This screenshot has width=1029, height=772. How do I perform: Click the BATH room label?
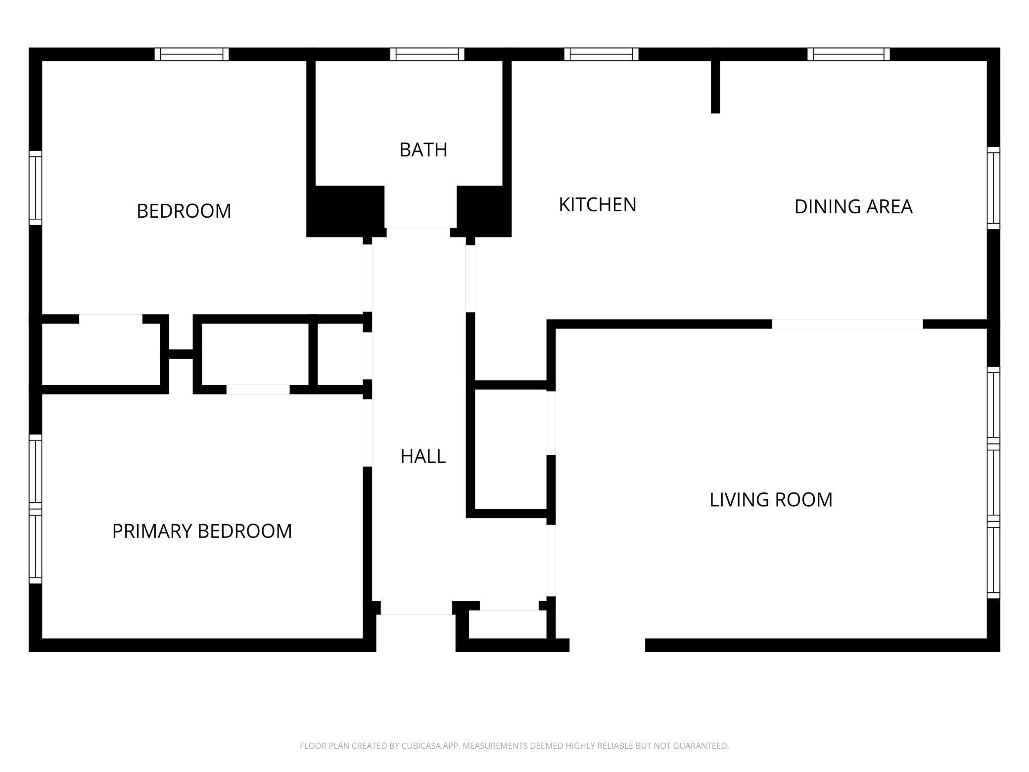[x=423, y=149]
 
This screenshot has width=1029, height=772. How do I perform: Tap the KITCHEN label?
[x=597, y=204]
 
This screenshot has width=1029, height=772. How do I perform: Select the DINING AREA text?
[x=853, y=206]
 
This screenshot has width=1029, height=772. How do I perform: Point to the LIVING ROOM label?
[x=771, y=499]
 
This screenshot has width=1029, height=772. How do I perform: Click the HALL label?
[x=423, y=456]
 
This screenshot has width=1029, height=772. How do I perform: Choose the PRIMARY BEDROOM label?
[x=202, y=531]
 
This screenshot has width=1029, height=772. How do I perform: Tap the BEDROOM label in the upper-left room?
[x=184, y=211]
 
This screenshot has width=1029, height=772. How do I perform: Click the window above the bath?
[x=427, y=54]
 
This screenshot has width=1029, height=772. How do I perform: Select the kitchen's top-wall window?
[x=601, y=54]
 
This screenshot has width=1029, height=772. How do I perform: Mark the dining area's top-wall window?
[x=848, y=54]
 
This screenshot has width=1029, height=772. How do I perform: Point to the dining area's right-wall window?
[x=993, y=188]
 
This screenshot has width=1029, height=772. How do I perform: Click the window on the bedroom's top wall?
[x=191, y=54]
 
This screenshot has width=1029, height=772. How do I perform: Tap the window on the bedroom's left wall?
[x=35, y=188]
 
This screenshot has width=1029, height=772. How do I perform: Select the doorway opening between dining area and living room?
[x=847, y=324]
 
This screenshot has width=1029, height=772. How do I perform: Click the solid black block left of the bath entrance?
[x=346, y=211]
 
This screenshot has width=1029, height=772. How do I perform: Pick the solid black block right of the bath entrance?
[x=483, y=211]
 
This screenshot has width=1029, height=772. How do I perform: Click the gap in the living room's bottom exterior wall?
[x=608, y=645]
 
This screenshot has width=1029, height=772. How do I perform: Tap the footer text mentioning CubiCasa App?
[x=514, y=745]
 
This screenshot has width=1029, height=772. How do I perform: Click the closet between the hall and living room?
[x=511, y=449]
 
